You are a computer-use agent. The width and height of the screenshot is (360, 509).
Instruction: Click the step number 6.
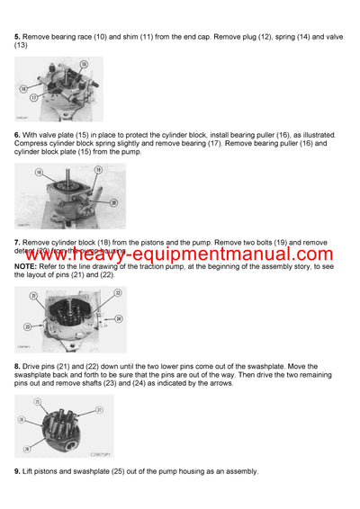(17, 135)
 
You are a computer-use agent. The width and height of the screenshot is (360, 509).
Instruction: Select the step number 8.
(17, 365)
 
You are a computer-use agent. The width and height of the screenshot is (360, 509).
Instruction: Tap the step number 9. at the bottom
(17, 471)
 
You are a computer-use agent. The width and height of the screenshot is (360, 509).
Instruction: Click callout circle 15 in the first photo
(83, 64)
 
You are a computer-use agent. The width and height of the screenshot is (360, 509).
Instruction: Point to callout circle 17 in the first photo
(32, 97)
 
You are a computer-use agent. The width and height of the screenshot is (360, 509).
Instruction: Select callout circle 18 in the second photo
(38, 172)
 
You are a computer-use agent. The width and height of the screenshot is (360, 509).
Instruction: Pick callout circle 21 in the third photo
(33, 295)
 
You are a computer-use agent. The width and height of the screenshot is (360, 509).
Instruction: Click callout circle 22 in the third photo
(118, 293)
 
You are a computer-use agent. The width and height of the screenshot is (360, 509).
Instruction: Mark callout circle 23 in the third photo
(28, 326)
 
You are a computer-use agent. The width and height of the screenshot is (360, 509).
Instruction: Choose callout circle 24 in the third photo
(119, 318)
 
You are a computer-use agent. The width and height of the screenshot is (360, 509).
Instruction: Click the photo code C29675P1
(99, 453)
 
